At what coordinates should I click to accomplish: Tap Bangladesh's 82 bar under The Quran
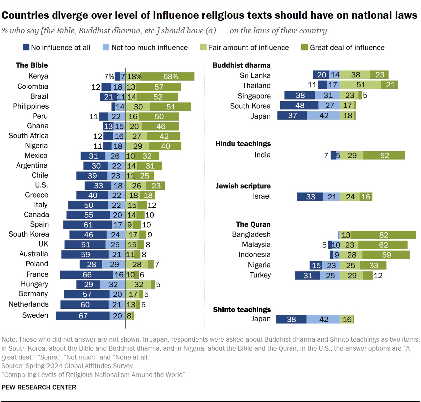pyautogui.click(x=383, y=235)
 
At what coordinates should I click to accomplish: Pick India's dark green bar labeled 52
pyautogui.click(x=384, y=156)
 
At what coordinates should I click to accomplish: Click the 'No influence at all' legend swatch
pyautogui.click(x=26, y=47)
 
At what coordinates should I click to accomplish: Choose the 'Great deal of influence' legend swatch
pyautogui.click(x=305, y=47)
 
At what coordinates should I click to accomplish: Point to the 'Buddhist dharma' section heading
pyautogui.click(x=241, y=65)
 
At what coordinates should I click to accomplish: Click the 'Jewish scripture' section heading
pyautogui.click(x=243, y=186)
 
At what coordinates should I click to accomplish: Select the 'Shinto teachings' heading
pyautogui.click(x=242, y=310)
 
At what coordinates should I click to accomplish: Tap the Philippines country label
pyautogui.click(x=31, y=106)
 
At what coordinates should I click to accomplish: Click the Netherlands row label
pyautogui.click(x=29, y=304)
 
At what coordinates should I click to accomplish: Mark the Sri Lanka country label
pyautogui.click(x=255, y=75)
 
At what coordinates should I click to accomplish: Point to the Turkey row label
pyautogui.click(x=260, y=275)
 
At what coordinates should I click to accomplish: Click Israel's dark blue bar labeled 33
pyautogui.click(x=310, y=197)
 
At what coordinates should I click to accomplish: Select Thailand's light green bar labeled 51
pyautogui.click(x=360, y=85)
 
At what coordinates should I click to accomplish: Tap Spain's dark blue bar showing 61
pyautogui.click(x=87, y=225)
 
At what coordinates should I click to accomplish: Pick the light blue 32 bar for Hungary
pyautogui.click(x=112, y=284)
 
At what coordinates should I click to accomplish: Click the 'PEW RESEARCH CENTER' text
pyautogui.click(x=39, y=387)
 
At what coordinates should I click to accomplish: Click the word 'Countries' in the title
pyautogui.click(x=25, y=15)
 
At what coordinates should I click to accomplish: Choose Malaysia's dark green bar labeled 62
pyautogui.click(x=383, y=245)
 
